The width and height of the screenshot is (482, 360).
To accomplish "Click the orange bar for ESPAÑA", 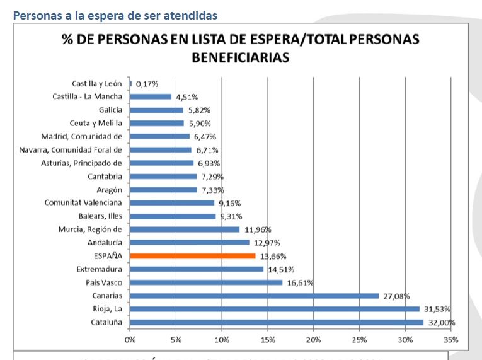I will coord(193,256).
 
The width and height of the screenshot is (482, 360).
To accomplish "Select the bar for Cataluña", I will coord(277,322).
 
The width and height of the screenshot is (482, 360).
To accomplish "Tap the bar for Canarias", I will coord(255,296).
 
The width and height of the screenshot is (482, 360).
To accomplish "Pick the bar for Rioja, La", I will coord(275,309).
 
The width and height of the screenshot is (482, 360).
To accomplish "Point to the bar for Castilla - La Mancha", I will coord(151,96).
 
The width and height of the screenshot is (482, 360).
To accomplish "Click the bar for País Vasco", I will coord(206,282).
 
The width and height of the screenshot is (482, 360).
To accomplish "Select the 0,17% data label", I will coord(147,83).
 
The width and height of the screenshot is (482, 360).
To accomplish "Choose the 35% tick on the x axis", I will coord(451,339).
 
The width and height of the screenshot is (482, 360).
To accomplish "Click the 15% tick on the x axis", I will coord(267,339).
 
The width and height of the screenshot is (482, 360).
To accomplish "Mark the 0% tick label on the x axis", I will coord(130,339).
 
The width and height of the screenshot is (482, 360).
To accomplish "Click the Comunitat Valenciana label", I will coord(83,202).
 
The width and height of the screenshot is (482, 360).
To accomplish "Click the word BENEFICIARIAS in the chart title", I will coord(240,57).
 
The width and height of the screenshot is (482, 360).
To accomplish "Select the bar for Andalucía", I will coord(190,243).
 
